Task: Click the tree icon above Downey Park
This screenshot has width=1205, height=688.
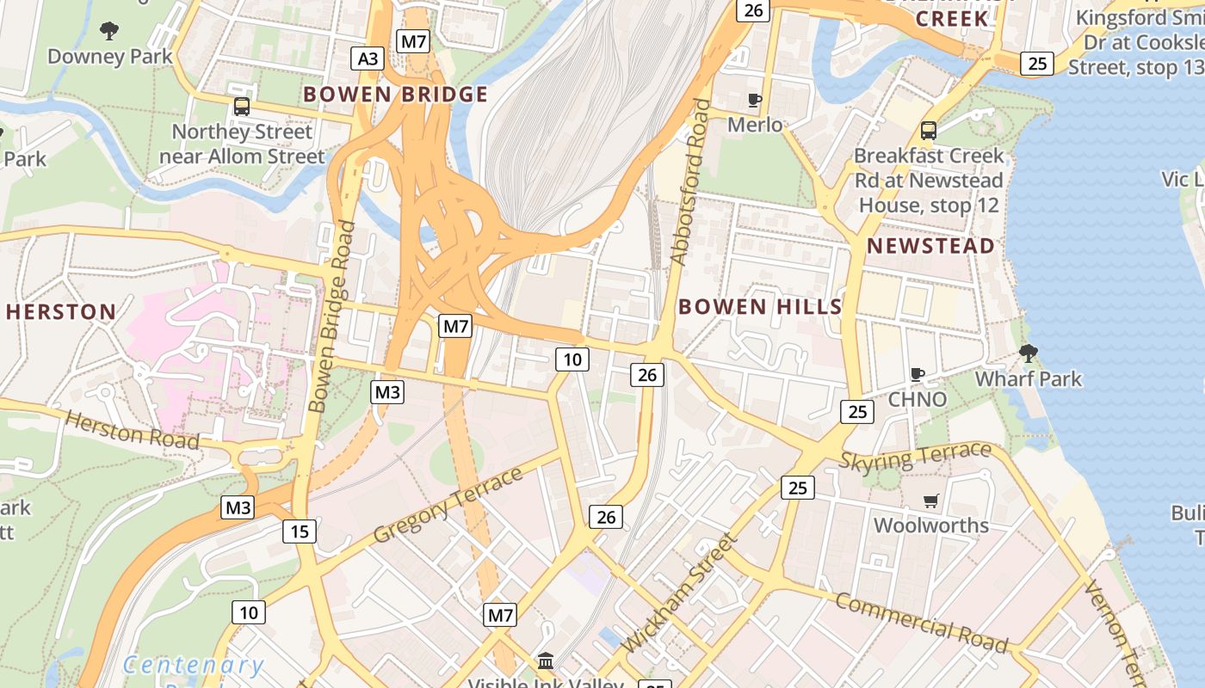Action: coord(109,31)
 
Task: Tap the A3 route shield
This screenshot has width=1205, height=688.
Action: coord(367,58)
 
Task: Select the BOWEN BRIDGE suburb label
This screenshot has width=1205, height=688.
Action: coord(395,94)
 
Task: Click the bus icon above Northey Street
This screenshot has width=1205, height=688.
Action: coord(242,106)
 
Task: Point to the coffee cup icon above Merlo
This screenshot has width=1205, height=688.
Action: coord(755,100)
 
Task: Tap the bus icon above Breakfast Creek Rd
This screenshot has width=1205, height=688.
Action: coord(928,130)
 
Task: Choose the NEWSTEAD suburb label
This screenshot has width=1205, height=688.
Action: coord(930,246)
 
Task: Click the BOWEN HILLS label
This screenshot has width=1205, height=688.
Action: coord(760,306)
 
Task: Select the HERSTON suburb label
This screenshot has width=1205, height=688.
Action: coord(61,311)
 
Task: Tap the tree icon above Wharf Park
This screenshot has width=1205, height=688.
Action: coord(1028,353)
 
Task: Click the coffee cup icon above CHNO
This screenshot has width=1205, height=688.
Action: coord(918,374)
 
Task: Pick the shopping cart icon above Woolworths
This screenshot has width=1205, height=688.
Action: coord(930,500)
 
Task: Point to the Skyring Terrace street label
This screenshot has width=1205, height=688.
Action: coord(916,456)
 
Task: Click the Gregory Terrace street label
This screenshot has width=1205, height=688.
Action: coord(448,506)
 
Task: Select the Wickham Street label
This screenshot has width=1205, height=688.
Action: coord(679,593)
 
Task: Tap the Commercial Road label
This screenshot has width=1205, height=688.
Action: coord(921,621)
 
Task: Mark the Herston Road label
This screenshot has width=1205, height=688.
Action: coord(133,429)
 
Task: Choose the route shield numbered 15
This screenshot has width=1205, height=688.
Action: coord(299,531)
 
